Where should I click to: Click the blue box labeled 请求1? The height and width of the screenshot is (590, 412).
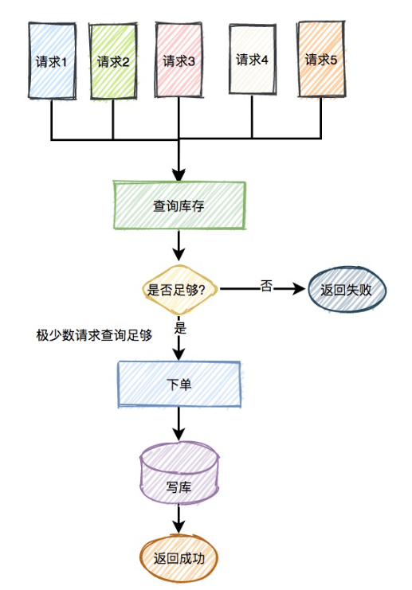53,61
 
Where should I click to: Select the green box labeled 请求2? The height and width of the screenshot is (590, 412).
113,61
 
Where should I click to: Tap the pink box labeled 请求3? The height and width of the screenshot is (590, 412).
179,61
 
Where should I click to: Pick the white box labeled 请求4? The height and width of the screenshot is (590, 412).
253,60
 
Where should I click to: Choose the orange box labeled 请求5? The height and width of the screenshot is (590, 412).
323,60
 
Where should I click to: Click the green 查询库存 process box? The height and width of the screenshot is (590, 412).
179,205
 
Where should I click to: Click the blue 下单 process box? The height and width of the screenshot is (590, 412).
179,384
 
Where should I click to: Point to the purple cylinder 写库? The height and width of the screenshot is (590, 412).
179,485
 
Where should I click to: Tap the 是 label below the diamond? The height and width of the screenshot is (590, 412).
180,326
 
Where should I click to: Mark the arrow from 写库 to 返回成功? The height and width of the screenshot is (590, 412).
179,522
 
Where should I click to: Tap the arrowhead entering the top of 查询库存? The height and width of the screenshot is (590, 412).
179,174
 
